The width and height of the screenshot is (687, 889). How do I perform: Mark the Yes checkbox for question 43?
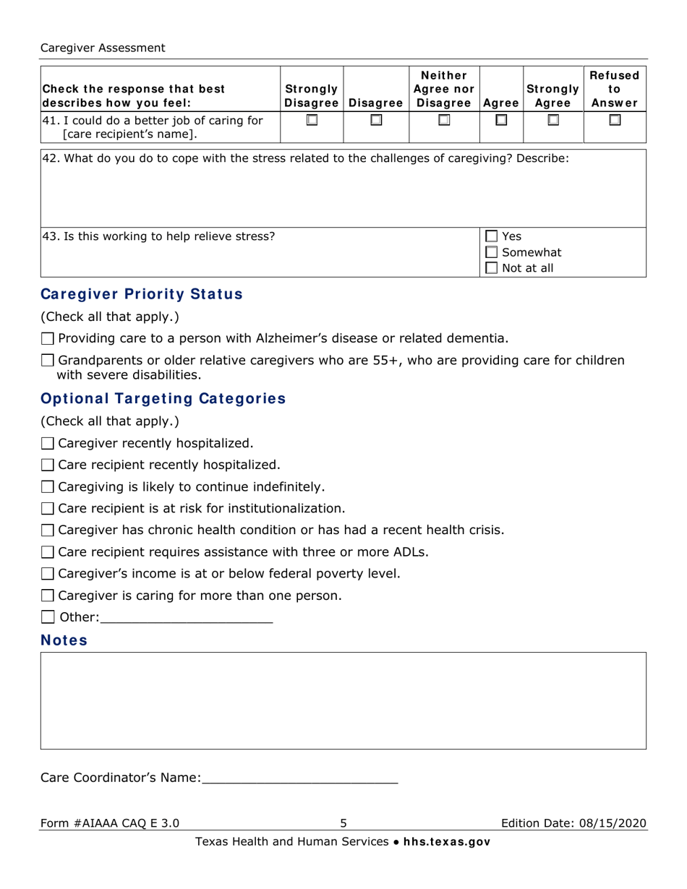tap(492, 236)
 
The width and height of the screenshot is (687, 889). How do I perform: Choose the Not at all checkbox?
tap(492, 268)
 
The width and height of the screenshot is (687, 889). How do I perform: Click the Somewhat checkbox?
tap(492, 252)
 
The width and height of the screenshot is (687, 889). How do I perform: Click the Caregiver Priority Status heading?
tap(142, 294)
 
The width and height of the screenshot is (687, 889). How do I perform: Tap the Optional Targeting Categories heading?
tap(163, 399)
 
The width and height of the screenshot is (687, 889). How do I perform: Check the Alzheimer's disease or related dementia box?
tap(48, 338)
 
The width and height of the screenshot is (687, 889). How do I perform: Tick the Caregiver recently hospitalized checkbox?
tap(48, 443)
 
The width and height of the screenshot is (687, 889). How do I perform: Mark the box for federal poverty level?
tap(48, 574)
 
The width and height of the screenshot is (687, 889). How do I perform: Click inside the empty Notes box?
tap(343, 700)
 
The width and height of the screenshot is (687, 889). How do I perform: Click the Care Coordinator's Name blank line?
tap(299, 778)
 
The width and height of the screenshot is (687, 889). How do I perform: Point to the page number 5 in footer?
tap(343, 823)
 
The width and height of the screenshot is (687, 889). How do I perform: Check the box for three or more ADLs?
tap(48, 552)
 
